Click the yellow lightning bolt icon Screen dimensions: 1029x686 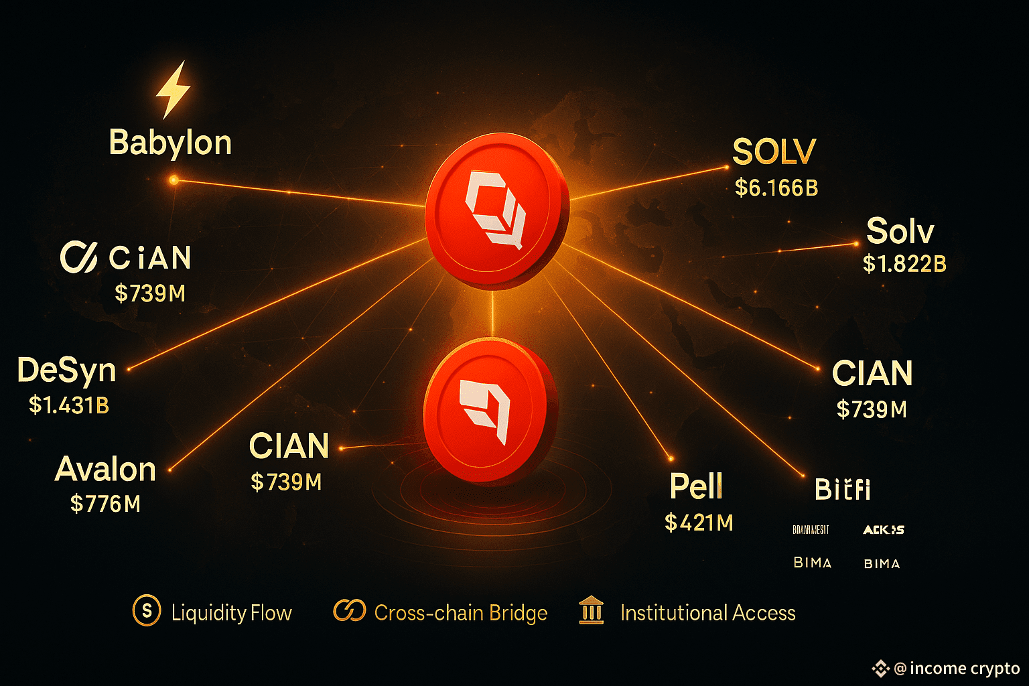click(x=173, y=90)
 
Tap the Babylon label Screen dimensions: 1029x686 click(x=170, y=143)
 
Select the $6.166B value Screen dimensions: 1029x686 click(x=776, y=188)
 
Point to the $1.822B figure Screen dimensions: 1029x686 click(x=904, y=264)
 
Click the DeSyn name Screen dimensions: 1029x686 click(x=67, y=370)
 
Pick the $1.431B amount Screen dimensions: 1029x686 click(x=69, y=405)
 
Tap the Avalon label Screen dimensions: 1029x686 click(x=106, y=469)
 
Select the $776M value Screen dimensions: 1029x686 click(x=106, y=504)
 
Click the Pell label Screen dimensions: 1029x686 click(x=696, y=486)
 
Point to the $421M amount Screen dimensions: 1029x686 click(x=699, y=523)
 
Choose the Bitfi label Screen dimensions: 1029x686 click(x=843, y=490)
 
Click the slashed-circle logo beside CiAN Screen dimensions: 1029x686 click(x=79, y=257)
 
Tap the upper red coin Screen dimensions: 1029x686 click(x=496, y=212)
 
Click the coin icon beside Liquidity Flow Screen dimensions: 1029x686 click(x=147, y=611)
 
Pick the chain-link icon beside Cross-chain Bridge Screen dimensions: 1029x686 click(x=349, y=611)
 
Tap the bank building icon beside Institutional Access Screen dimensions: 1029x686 click(x=592, y=611)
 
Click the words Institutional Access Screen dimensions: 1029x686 click(x=707, y=613)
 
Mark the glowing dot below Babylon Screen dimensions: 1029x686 click(x=174, y=180)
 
